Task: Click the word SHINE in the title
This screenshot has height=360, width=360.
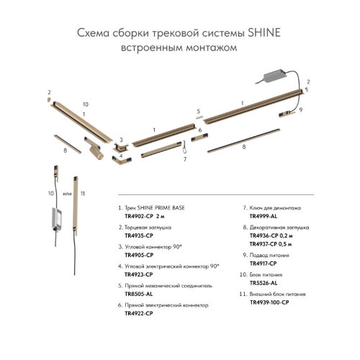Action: coord(264,33)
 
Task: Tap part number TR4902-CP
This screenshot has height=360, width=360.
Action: coord(139,216)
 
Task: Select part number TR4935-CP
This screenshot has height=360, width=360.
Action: coord(139,235)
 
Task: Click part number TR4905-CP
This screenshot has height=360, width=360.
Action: coord(139,255)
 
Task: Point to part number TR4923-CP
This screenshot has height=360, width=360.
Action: coord(139,274)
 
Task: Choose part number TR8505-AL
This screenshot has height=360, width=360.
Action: coord(139,294)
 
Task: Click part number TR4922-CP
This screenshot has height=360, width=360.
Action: coord(139,313)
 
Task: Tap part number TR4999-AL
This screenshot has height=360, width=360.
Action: coord(264,216)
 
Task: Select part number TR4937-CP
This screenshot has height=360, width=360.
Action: coord(264,244)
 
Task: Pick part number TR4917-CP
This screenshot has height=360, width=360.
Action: coord(263,264)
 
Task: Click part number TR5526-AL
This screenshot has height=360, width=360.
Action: coord(264,283)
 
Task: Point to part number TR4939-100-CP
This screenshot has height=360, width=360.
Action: coord(269,302)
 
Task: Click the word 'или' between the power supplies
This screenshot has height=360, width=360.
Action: coord(67,194)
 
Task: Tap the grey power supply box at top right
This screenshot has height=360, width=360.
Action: coord(275,76)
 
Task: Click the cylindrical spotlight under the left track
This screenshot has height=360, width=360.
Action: coord(96,152)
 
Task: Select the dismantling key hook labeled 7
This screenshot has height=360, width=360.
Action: coord(184,148)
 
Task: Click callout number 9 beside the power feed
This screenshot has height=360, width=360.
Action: coord(301,110)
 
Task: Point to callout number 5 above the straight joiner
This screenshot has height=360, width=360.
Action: coord(198,112)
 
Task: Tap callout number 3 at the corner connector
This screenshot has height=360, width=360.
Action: coord(121,140)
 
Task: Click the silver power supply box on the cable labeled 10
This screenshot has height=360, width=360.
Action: coord(57,219)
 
